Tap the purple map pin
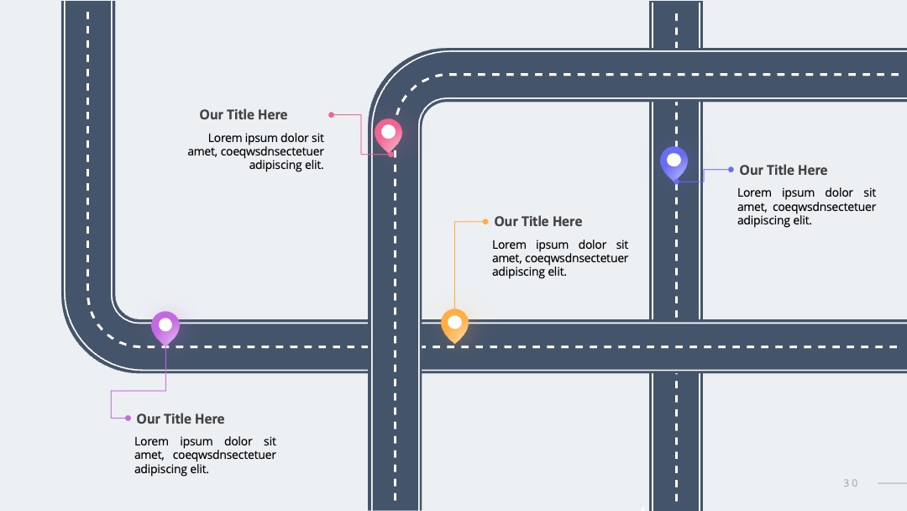coord(165,328)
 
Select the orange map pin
coord(454,326)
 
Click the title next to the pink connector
coord(244,114)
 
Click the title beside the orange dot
coord(538,221)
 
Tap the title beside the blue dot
coord(784,170)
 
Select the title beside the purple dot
coord(181,419)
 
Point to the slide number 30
coord(850,483)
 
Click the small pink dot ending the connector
coord(332,114)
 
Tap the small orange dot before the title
coord(485,221)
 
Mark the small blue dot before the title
coord(731,170)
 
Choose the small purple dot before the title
coord(128,418)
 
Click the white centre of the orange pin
coord(454,322)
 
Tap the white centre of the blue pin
coord(674,160)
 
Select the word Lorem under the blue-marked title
coord(754,192)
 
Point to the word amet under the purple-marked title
coord(149,455)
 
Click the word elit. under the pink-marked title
coord(314,165)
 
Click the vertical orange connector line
coord(454,265)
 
